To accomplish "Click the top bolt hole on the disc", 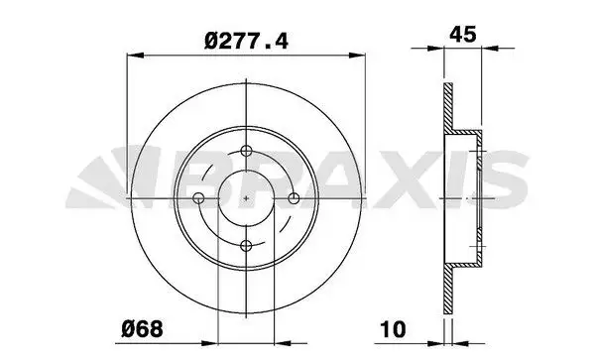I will pos(246,152).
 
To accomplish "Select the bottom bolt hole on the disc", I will pos(246,245).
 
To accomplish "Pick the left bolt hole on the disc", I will pos(199,198).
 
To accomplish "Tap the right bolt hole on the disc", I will pos(293,198).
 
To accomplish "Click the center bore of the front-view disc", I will pos(246,198).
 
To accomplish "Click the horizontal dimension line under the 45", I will pos(463,48).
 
